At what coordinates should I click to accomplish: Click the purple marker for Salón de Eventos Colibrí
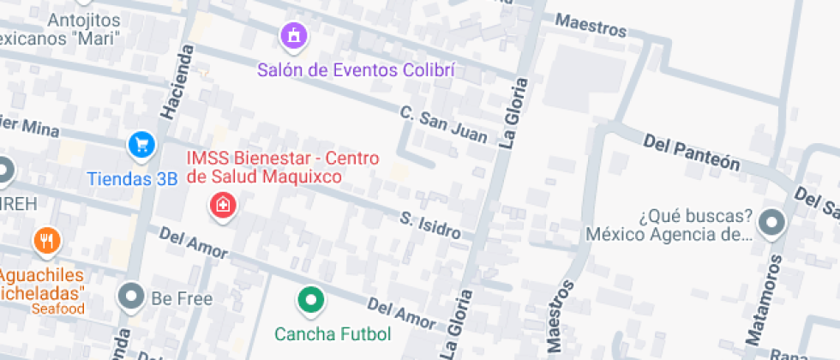[294, 36]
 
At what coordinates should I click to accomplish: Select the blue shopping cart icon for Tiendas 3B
[141, 145]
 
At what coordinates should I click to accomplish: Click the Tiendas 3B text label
[132, 179]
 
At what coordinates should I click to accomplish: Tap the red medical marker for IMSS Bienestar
[223, 206]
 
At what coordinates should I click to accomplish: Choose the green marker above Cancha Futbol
[310, 300]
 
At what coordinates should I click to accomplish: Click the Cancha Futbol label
[333, 333]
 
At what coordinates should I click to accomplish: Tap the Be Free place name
[181, 298]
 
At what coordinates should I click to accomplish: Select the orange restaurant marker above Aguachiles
[46, 241]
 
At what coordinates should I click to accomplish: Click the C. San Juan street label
[444, 124]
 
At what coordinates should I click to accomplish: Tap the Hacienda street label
[175, 82]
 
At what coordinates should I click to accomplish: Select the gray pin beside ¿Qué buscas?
[773, 225]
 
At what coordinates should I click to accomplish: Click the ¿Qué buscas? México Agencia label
[669, 225]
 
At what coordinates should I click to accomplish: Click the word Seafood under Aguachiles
[58, 309]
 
